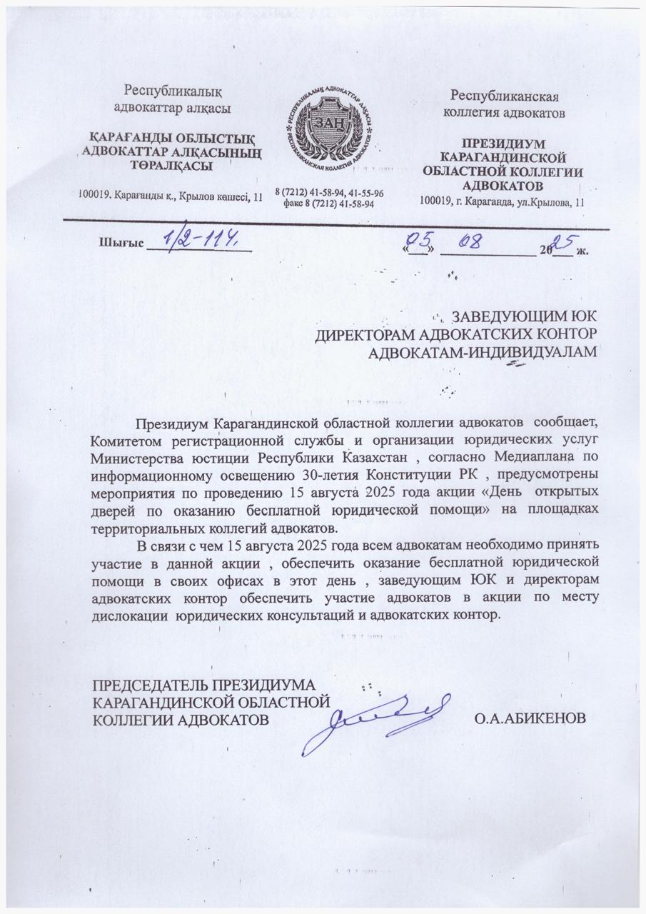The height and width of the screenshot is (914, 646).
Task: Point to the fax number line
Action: coord(329,203)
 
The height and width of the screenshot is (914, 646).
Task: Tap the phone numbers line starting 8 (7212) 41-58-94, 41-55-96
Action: coord(330,193)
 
